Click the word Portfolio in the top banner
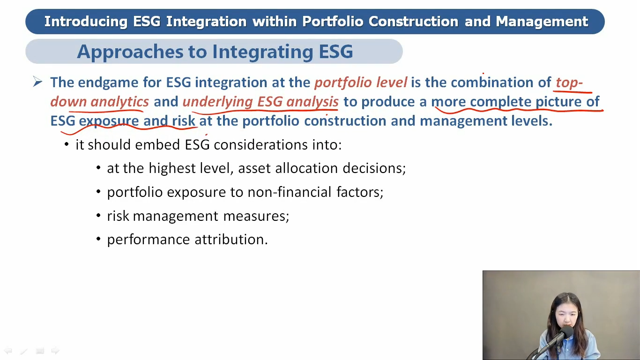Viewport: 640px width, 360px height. tap(333, 22)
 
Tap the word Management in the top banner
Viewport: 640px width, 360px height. tap(542, 22)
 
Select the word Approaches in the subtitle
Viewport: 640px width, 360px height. tap(130, 52)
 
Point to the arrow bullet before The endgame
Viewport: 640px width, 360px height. tap(37, 82)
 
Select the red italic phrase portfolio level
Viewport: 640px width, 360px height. tap(361, 82)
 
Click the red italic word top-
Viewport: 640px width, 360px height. tap(569, 83)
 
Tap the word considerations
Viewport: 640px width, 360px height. tap(260, 145)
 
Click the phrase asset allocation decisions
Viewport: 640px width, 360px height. tap(322, 168)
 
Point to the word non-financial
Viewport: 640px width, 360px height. tap(290, 192)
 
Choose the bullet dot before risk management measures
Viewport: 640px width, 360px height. tap(98, 215)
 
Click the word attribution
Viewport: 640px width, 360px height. tap(231, 240)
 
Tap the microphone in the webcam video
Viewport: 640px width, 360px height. tap(564, 333)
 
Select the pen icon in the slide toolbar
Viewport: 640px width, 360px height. tap(24, 351)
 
